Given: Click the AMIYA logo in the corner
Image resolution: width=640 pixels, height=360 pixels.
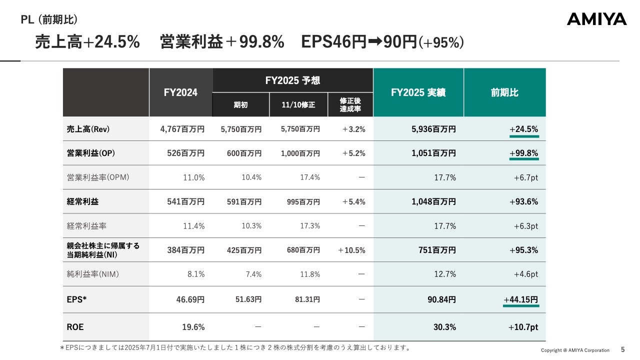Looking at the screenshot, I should click(x=596, y=19).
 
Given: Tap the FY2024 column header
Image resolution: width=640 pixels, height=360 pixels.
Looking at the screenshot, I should click(x=180, y=92).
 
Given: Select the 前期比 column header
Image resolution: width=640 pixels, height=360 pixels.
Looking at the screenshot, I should click(x=504, y=92).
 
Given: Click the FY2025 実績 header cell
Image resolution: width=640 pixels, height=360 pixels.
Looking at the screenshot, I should click(x=418, y=92).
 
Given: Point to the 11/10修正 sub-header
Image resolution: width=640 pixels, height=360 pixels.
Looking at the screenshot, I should click(x=298, y=105).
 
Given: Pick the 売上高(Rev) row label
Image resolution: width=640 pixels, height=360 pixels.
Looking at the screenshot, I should click(x=88, y=129).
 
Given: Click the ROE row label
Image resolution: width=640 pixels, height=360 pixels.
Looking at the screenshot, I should click(x=75, y=327).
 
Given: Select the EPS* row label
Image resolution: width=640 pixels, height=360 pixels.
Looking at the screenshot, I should click(x=77, y=300).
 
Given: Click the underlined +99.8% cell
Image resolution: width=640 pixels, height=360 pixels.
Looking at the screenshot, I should click(x=523, y=153).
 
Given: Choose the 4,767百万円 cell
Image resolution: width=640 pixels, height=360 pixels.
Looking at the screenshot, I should click(x=182, y=129).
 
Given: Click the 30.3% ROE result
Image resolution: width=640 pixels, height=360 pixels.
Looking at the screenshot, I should click(x=445, y=327).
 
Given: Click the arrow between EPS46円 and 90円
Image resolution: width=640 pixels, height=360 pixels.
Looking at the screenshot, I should click(x=375, y=42).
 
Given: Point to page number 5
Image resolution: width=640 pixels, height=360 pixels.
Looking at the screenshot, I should click(x=622, y=350).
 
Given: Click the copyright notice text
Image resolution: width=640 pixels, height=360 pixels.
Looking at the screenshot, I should click(x=575, y=350).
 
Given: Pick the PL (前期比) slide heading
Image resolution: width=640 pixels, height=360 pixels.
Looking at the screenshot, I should click(x=49, y=19).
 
